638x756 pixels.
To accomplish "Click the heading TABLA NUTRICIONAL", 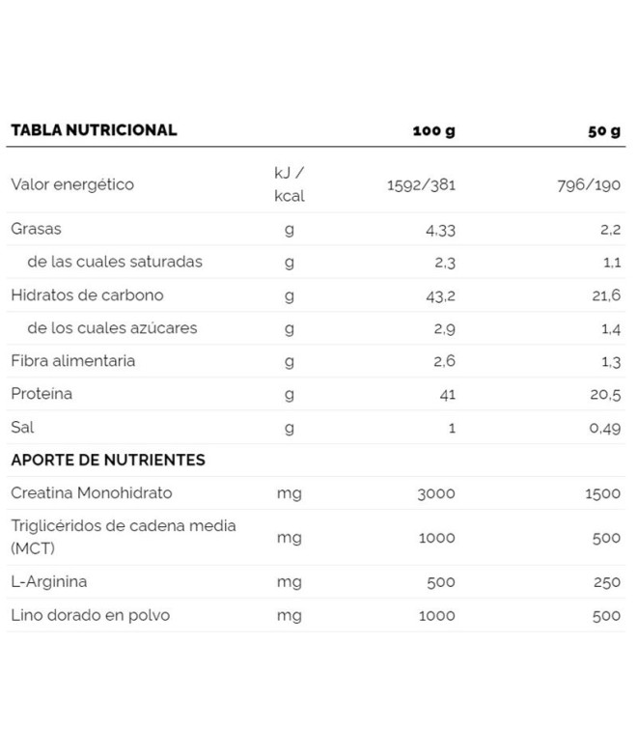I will pyautogui.click(x=94, y=129).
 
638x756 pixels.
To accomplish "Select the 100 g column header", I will pyautogui.click(x=433, y=130).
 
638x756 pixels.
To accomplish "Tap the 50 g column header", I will pyautogui.click(x=603, y=130).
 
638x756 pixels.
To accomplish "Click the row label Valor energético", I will pyautogui.click(x=72, y=183).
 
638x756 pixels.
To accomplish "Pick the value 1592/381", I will pyautogui.click(x=421, y=184).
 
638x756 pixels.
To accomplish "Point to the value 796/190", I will pyautogui.click(x=588, y=184).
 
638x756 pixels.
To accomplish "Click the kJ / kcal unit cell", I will pyautogui.click(x=289, y=183).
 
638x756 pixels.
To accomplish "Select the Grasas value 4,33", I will pyautogui.click(x=440, y=230).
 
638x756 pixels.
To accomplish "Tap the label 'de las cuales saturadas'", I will pyautogui.click(x=115, y=262).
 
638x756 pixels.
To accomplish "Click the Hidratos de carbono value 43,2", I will pyautogui.click(x=440, y=295).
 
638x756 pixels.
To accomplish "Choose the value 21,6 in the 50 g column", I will pyautogui.click(x=606, y=295).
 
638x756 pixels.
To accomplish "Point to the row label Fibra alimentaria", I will pyautogui.click(x=73, y=361).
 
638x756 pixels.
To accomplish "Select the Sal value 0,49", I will pyautogui.click(x=604, y=428).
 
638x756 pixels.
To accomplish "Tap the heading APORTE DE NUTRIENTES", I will pyautogui.click(x=108, y=460).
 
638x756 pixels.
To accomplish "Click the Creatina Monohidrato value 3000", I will pyautogui.click(x=436, y=493).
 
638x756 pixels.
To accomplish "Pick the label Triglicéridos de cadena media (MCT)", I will pyautogui.click(x=124, y=537).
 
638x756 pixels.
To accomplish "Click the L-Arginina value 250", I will pyautogui.click(x=606, y=582).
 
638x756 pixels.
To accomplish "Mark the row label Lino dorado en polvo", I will pyautogui.click(x=91, y=615).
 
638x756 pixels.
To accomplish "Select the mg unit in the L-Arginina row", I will pyautogui.click(x=289, y=582).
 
